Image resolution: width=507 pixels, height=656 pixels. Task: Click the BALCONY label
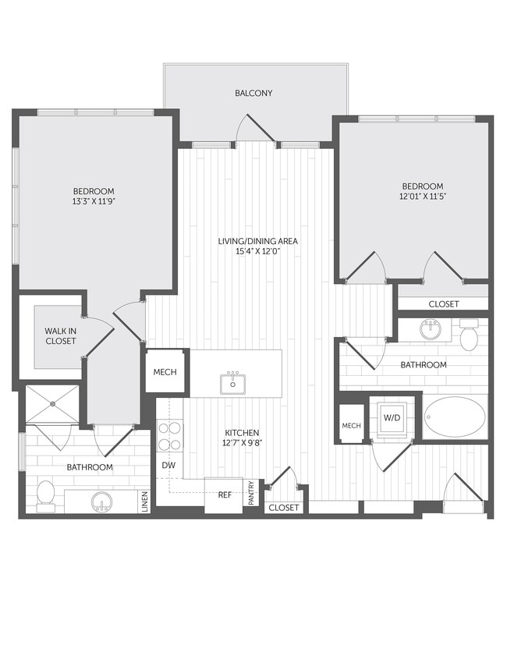(253, 94)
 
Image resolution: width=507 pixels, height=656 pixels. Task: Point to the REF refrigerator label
(225, 495)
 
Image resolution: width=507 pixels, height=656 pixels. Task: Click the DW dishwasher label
(168, 466)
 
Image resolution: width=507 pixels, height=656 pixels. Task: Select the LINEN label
(145, 502)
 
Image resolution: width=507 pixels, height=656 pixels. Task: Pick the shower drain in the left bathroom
(53, 404)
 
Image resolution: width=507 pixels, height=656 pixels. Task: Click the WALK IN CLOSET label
(60, 335)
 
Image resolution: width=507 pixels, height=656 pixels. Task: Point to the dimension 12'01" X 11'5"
(422, 197)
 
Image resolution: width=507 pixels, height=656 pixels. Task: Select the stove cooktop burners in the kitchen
(168, 436)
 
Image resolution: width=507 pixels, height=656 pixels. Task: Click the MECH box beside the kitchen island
(165, 371)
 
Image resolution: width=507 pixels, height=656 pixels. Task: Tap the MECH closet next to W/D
(351, 425)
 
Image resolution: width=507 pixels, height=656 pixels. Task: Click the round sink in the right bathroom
(430, 328)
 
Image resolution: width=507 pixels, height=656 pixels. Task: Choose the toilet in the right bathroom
(470, 337)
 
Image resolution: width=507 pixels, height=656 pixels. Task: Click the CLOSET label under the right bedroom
(444, 304)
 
